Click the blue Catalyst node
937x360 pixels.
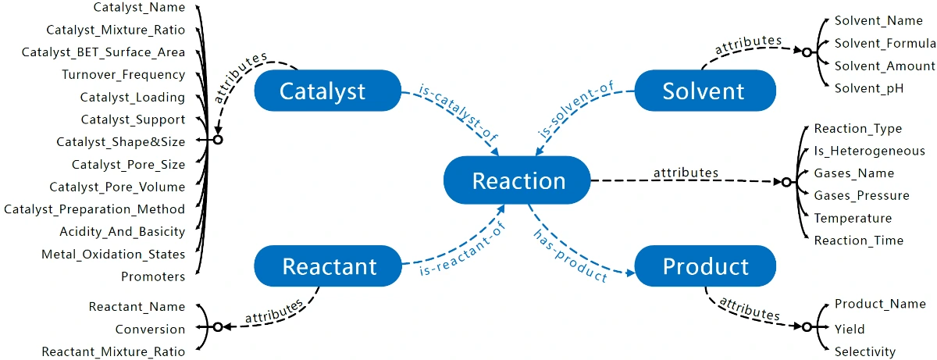click(x=322, y=91)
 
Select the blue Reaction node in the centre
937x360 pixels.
click(x=518, y=180)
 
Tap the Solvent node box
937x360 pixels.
click(x=704, y=91)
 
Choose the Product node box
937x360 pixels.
click(x=705, y=266)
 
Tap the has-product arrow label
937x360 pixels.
click(x=571, y=256)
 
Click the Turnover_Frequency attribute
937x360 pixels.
click(x=123, y=75)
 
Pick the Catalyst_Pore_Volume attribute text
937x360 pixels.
click(x=117, y=187)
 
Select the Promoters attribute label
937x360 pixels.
click(x=153, y=276)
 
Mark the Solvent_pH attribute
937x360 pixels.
click(x=869, y=88)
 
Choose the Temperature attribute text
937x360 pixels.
click(x=853, y=218)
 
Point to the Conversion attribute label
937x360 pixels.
click(x=150, y=330)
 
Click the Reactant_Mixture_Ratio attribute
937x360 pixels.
click(x=113, y=351)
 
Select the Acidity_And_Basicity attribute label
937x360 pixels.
click(x=123, y=232)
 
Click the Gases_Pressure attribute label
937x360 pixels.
click(x=861, y=195)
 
